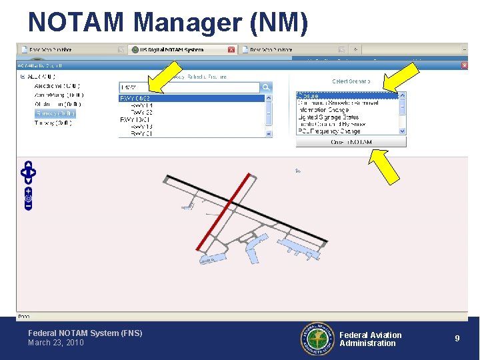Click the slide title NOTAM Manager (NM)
point(168,22)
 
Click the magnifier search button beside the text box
point(266,87)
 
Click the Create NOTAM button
point(351,142)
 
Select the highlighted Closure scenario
point(347,96)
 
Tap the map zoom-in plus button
point(28,191)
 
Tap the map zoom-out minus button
point(28,206)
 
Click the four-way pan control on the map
point(28,172)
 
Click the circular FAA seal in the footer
point(317,339)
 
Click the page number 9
point(457,339)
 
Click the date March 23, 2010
point(56,343)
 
